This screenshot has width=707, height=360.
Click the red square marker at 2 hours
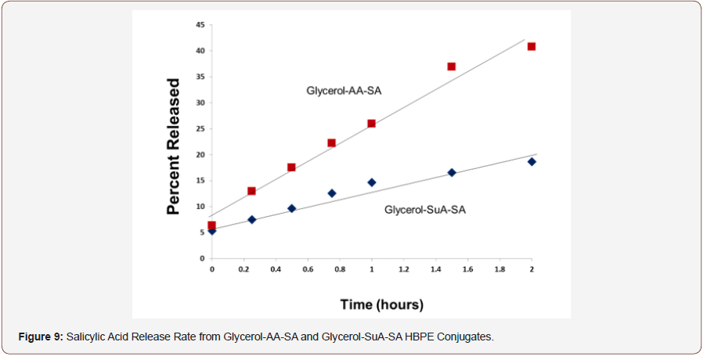coord(532,46)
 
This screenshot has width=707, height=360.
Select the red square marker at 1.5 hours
coord(452,67)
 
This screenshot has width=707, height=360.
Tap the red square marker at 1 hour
coord(371,124)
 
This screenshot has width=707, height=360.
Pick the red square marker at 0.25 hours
coord(251,191)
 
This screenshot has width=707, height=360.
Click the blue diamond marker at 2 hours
coord(532,162)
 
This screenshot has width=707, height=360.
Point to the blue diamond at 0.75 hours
coord(331,193)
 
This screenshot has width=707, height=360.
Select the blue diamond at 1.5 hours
coord(452,172)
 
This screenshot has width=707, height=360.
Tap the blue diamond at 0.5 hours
coord(291,209)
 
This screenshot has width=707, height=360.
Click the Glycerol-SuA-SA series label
coord(425,210)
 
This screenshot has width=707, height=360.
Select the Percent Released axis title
coord(174,146)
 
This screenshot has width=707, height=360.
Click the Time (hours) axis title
coord(381,304)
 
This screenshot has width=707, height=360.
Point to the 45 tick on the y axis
coord(200,25)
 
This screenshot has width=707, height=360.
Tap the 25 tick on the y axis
coord(200,128)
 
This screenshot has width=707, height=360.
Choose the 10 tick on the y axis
coord(200,207)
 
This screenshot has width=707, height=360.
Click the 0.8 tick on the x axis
coord(340,268)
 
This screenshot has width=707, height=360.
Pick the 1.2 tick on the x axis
coord(404,268)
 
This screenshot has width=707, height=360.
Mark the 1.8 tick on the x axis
coord(500,268)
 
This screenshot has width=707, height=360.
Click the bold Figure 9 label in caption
coord(41,337)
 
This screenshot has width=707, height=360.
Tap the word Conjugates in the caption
coord(467,337)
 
